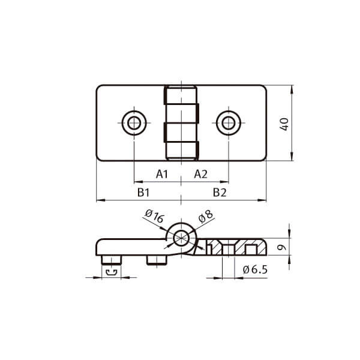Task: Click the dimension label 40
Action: (x=284, y=124)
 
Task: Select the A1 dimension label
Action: (x=162, y=174)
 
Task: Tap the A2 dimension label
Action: (x=200, y=174)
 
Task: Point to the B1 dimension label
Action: (x=143, y=193)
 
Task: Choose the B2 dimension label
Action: (x=220, y=193)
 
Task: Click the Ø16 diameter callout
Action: (x=155, y=216)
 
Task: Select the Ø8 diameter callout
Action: (x=206, y=217)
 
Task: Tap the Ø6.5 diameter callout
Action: (x=255, y=269)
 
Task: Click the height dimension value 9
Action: (x=282, y=247)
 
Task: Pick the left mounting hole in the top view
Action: (x=134, y=123)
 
